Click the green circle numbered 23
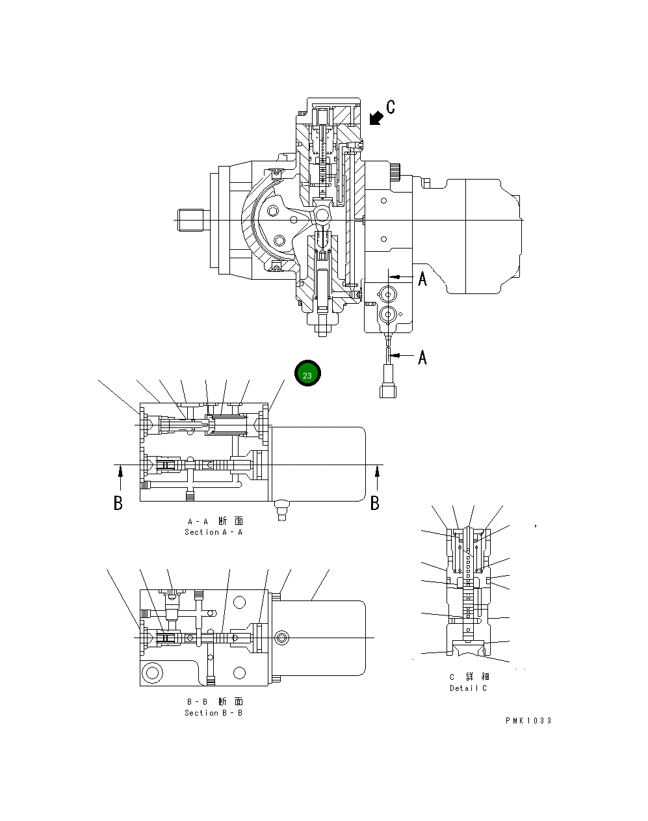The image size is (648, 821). point(307,375)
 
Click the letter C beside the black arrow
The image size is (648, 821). point(390,107)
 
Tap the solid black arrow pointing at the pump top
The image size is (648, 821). point(375,118)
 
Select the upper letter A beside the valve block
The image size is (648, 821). point(422,279)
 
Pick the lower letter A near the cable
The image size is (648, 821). point(422,357)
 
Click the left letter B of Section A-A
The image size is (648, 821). point(118,503)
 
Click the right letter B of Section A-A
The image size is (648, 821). point(375,503)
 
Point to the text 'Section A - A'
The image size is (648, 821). point(213,532)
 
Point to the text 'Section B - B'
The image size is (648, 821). point(213,713)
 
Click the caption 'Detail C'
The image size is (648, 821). point(468,688)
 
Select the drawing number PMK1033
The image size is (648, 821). point(528,721)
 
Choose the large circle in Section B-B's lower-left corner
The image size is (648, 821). point(152,672)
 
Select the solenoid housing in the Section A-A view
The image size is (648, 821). point(318,464)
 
